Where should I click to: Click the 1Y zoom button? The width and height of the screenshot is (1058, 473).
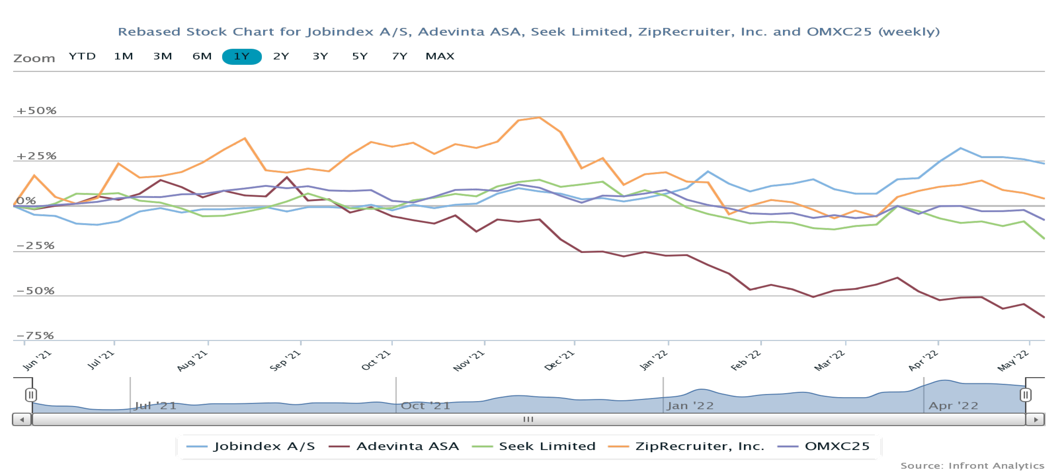pyautogui.click(x=242, y=56)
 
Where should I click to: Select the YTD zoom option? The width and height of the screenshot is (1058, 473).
pyautogui.click(x=82, y=56)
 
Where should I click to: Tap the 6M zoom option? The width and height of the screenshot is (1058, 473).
pyautogui.click(x=202, y=56)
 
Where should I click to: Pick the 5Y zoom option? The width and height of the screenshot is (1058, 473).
pyautogui.click(x=360, y=56)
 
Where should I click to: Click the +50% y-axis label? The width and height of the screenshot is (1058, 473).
pyautogui.click(x=36, y=111)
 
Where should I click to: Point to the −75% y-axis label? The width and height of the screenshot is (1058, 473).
pyautogui.click(x=35, y=335)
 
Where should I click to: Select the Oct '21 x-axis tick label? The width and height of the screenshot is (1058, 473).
pyautogui.click(x=376, y=360)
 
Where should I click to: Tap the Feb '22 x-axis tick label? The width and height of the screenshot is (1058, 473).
pyautogui.click(x=746, y=360)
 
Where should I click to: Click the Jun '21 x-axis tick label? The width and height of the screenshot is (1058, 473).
pyautogui.click(x=37, y=360)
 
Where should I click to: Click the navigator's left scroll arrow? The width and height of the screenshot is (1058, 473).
pyautogui.click(x=22, y=420)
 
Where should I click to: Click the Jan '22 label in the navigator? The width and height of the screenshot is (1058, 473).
pyautogui.click(x=690, y=406)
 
